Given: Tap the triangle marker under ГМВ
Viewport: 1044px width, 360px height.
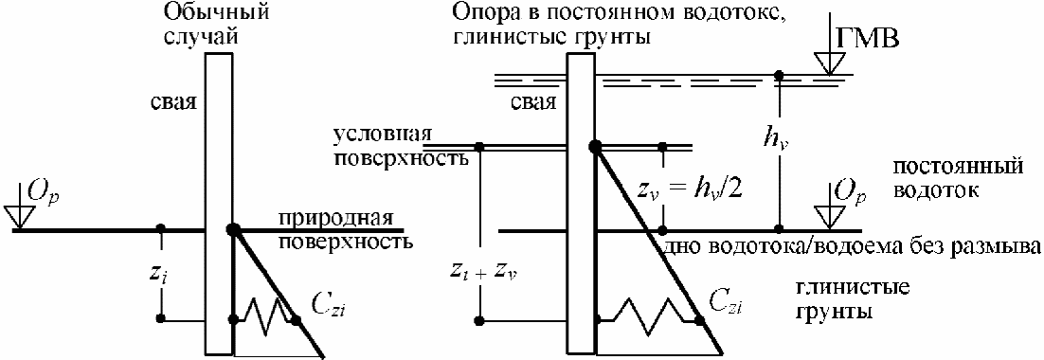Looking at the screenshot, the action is [825, 63].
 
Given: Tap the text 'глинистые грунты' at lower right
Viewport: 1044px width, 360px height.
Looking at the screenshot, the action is [855, 300].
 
